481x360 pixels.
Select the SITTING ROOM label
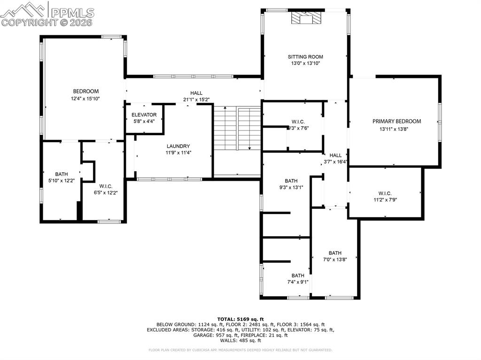click(305, 57)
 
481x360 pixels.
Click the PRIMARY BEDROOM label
click(396, 121)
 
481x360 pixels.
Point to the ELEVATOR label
click(144, 115)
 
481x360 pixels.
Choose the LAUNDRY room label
click(178, 146)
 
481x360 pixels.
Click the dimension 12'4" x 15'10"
click(85, 99)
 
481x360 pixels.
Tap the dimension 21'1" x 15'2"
click(196, 100)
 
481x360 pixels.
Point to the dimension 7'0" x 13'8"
click(335, 259)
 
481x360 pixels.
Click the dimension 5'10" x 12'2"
click(62, 180)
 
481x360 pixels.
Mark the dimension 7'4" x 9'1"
click(297, 282)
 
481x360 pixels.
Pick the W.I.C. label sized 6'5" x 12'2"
click(105, 186)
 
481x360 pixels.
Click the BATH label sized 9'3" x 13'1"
click(291, 181)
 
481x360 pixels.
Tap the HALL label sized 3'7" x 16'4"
click(335, 155)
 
